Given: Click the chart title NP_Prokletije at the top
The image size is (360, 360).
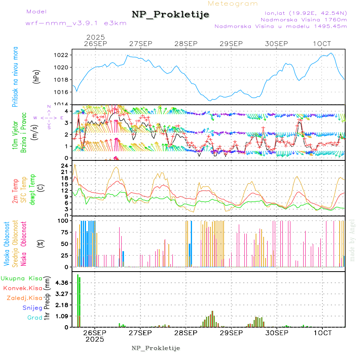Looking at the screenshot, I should coord(170,14).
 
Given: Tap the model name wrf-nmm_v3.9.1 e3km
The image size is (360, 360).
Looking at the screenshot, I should coord(76,23).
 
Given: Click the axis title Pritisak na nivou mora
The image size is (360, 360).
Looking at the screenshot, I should coord(15,78).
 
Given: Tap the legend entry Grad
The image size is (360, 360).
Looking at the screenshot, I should coord(35,318).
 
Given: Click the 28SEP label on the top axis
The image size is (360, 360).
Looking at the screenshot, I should coord(186,43).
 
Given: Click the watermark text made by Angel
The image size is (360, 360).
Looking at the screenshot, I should coord(352,240).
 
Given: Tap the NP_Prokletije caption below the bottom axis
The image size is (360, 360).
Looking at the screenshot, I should coord(156,348).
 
